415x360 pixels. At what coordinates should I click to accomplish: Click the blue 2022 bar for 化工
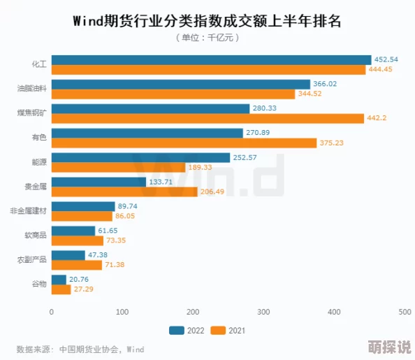[x=211, y=59]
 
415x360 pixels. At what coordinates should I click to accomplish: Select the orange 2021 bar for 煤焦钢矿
[x=207, y=118]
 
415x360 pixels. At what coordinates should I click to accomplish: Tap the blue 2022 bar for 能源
[x=140, y=157]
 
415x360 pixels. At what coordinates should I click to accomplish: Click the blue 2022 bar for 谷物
[x=59, y=280]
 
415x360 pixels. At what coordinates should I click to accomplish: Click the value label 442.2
[x=377, y=118]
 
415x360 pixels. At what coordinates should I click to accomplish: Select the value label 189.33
[x=200, y=167]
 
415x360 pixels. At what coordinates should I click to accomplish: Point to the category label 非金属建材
[x=28, y=211]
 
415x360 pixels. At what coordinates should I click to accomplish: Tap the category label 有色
[x=39, y=138]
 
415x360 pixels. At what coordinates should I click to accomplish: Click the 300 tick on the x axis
[x=263, y=312]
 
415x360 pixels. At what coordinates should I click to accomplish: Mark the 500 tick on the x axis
[x=404, y=312]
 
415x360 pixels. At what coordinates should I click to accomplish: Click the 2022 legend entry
[x=185, y=331]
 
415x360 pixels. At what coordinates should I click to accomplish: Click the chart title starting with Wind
[x=207, y=20]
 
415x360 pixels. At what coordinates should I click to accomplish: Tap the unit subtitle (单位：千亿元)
[x=207, y=38]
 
